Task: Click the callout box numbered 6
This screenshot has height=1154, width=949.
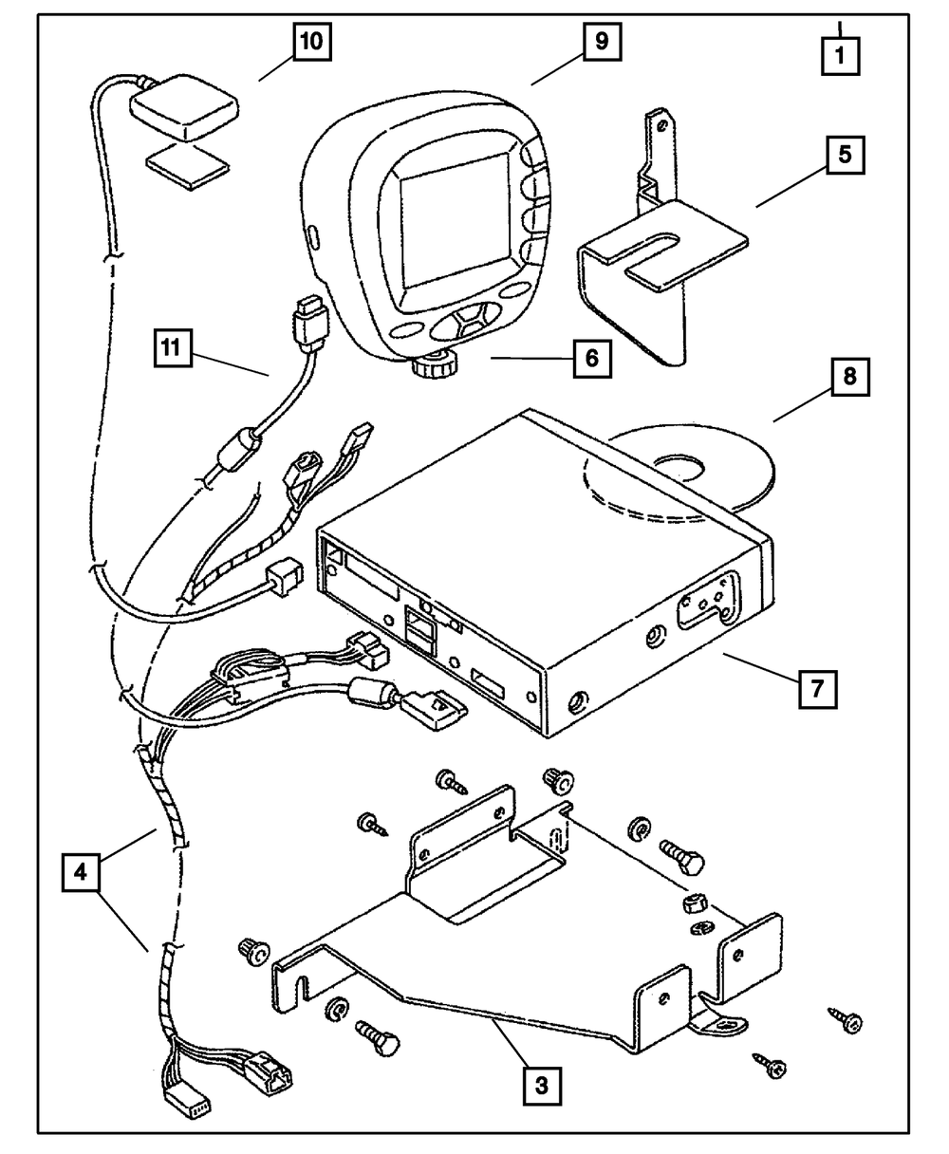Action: [x=591, y=358]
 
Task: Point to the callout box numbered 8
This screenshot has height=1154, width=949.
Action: [x=848, y=377]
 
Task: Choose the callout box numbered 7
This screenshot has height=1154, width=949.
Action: [x=817, y=690]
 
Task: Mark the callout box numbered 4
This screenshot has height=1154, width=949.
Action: [x=83, y=871]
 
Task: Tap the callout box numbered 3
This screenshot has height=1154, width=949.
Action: [x=541, y=1085]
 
